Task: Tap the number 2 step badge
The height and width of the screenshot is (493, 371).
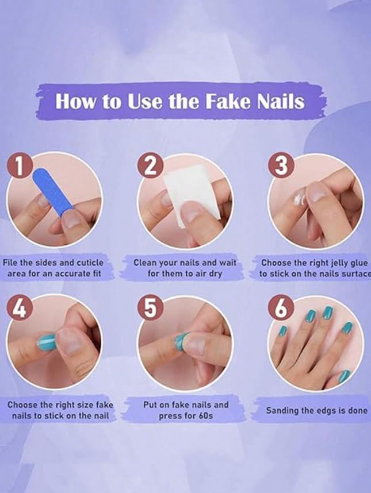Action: [x=150, y=166]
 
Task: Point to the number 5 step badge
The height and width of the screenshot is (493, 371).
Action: [x=150, y=309]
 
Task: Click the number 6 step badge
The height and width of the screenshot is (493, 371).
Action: [x=281, y=309]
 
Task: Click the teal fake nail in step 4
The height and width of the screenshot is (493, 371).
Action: [x=47, y=343]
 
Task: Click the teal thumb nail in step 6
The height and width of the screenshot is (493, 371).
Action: [x=343, y=376]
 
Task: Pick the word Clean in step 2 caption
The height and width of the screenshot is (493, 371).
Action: [x=146, y=262]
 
